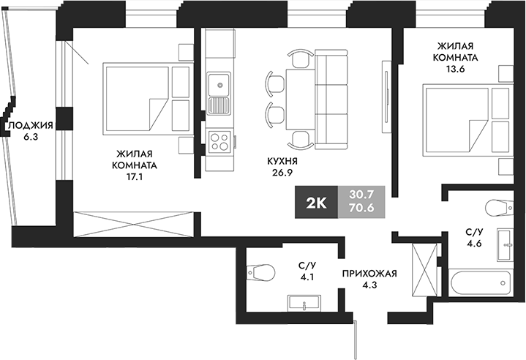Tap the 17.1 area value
pos(134,176)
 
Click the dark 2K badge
pos(315,202)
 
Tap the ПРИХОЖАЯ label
pos(369,274)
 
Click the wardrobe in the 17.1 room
pos(136,222)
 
